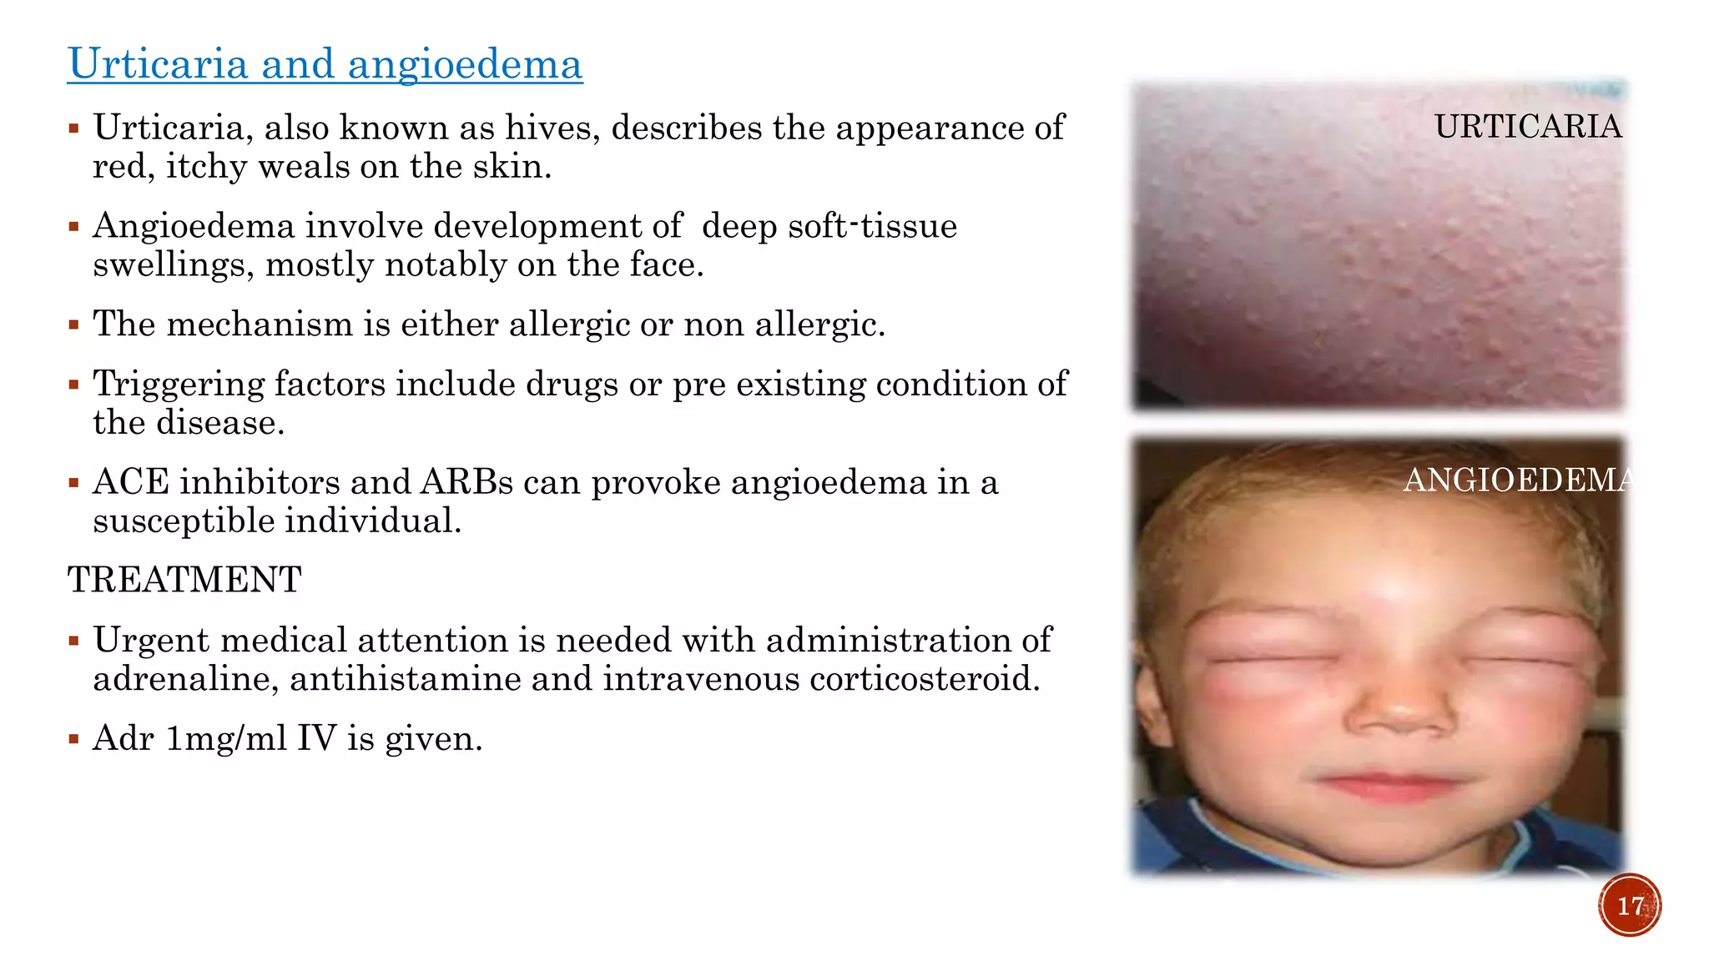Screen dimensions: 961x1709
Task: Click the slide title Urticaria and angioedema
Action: pos(325,64)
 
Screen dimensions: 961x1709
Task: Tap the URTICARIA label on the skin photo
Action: pos(1528,127)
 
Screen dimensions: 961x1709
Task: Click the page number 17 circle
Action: pos(1630,905)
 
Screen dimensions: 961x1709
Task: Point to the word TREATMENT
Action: pos(184,580)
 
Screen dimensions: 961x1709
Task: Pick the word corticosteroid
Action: pos(925,679)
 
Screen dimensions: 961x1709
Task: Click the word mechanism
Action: pos(260,325)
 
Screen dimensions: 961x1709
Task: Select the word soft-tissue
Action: pos(872,226)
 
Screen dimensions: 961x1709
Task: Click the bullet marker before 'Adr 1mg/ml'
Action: pos(74,739)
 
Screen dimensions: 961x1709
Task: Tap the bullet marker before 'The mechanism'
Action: pos(74,325)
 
